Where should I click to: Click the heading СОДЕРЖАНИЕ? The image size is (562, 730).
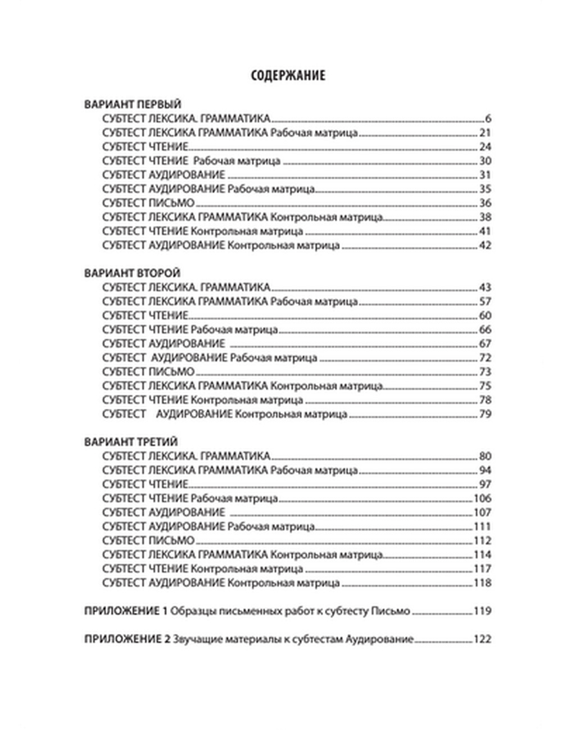point(288,75)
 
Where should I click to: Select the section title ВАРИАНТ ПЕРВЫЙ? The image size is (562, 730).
point(133,104)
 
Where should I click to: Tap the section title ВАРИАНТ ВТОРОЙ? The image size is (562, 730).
point(133,273)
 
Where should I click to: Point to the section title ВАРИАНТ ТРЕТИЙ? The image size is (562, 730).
point(133,442)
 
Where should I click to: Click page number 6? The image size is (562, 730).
point(488,119)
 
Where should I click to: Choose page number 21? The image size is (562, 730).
point(486,133)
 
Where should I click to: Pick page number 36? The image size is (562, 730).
point(485,203)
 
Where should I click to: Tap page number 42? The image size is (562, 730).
point(485,245)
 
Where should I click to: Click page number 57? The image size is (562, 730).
point(485,302)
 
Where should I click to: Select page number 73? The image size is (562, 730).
point(485,372)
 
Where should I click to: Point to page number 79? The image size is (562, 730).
point(485,414)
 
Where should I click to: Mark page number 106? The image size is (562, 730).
point(483,499)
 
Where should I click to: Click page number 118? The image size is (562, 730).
point(483,583)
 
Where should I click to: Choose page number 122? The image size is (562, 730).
point(483,639)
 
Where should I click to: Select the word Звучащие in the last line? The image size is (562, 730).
point(193,639)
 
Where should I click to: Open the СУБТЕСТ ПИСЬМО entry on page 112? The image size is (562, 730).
point(149,541)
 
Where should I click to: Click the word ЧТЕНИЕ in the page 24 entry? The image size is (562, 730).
point(167,147)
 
